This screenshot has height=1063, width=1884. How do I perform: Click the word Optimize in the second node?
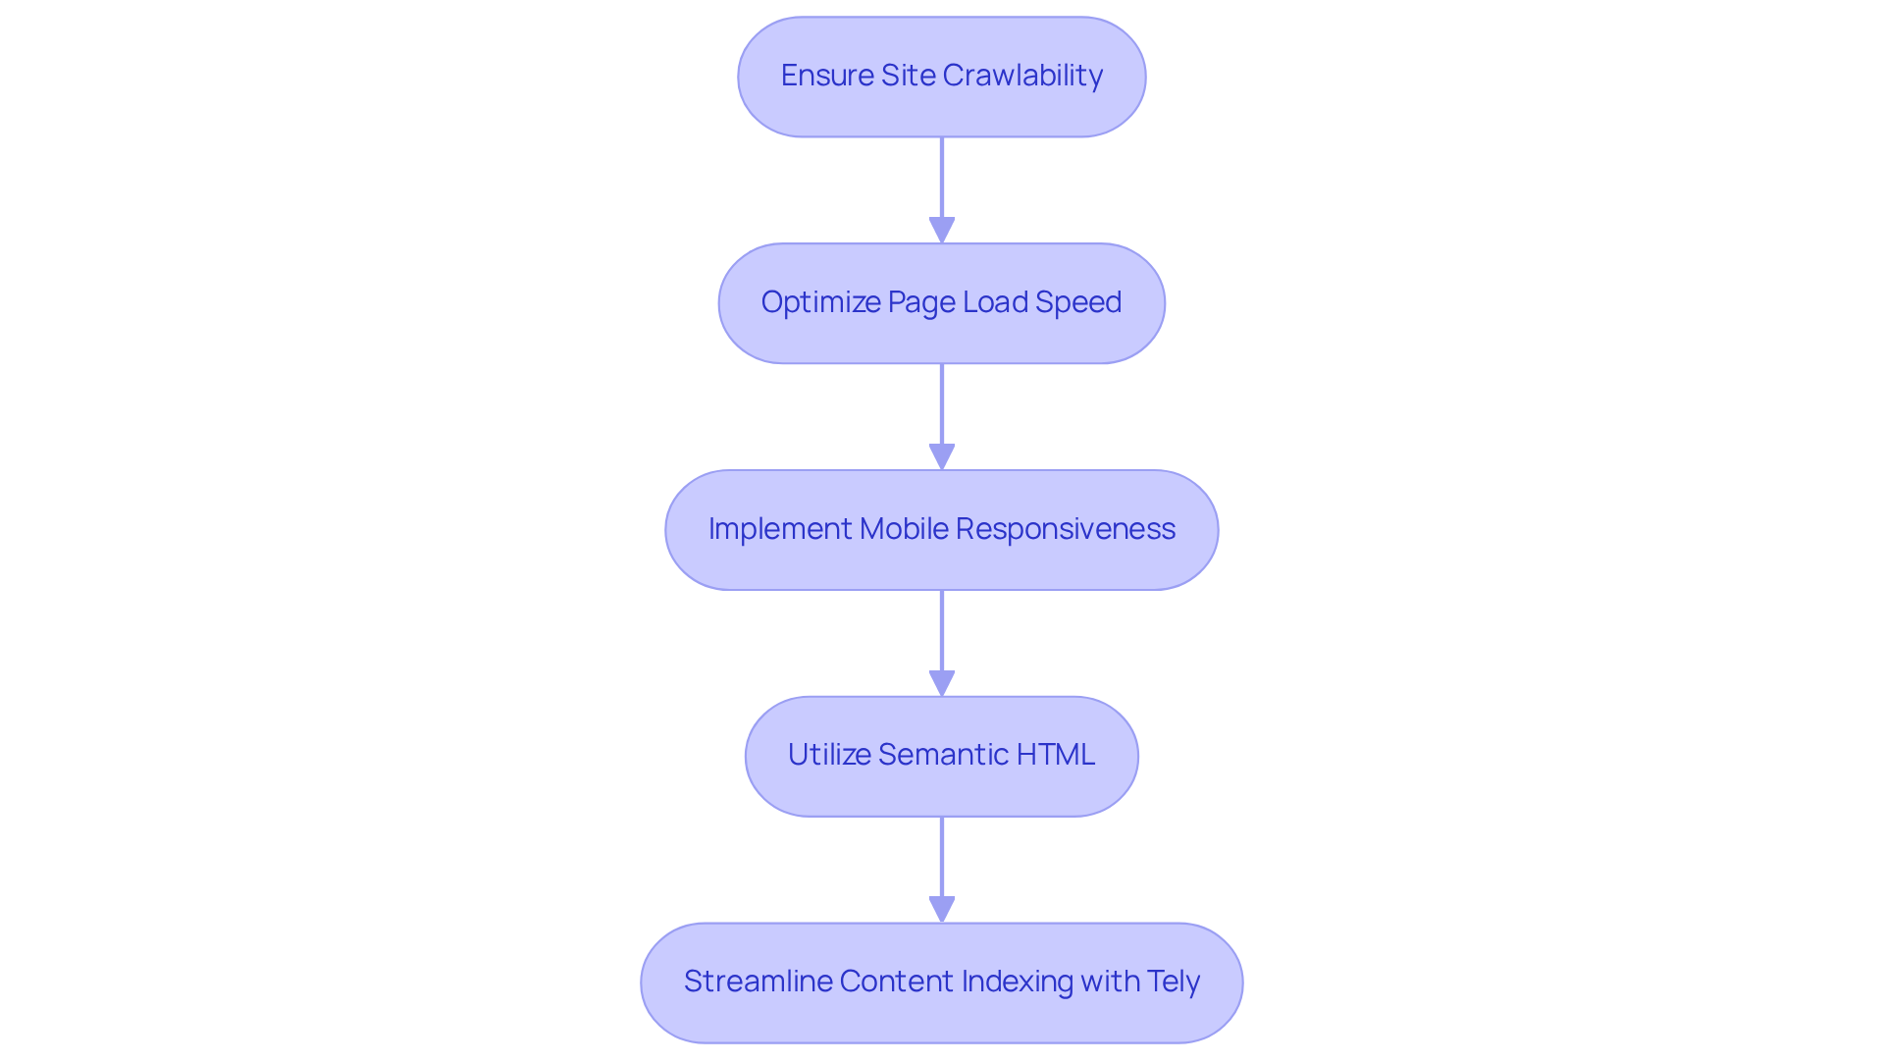point(820,302)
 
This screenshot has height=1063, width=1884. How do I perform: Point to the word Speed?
point(1080,302)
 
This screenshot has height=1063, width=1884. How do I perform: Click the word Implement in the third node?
point(780,529)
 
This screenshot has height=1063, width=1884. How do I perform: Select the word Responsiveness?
point(1066,529)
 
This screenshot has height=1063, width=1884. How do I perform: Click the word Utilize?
point(829,755)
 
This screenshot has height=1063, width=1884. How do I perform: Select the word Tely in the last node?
point(1174,982)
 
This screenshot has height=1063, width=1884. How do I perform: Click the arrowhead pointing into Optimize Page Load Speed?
point(942,231)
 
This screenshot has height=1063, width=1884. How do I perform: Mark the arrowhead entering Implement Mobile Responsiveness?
point(942,457)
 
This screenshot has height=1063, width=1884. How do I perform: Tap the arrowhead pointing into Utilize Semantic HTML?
point(942,684)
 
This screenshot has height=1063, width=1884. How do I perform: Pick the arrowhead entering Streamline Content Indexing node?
point(942,910)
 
